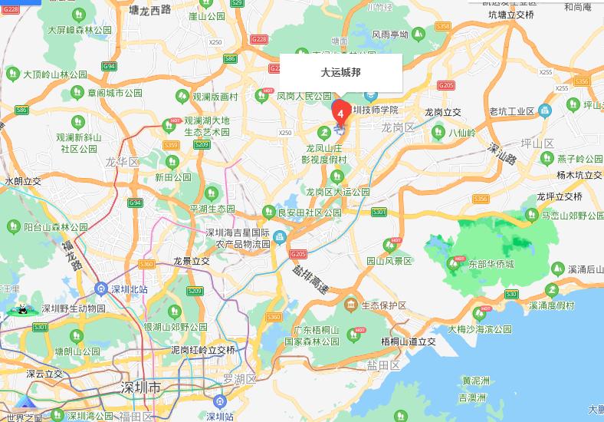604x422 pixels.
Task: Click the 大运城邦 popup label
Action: tap(340, 73)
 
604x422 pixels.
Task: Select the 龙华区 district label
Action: tap(122, 162)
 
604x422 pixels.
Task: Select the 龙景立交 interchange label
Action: tap(191, 261)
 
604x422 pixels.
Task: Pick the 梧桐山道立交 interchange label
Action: tap(408, 341)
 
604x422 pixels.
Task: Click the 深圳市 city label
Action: tap(141, 388)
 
